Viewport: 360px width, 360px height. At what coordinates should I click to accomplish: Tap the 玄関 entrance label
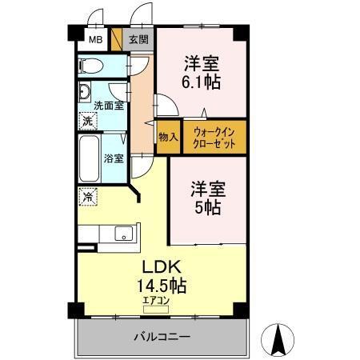(138, 39)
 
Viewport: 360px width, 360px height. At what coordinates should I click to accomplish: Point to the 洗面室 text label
(108, 105)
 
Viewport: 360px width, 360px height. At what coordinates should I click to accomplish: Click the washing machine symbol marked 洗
(86, 121)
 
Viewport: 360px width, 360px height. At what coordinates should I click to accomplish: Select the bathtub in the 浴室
(89, 158)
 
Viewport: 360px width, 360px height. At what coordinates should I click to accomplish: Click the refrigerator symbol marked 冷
(86, 194)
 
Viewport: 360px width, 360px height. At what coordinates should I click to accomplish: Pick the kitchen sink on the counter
(123, 234)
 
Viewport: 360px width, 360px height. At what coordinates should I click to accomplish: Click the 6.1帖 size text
(202, 82)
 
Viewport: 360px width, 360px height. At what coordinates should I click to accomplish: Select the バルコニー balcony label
(161, 338)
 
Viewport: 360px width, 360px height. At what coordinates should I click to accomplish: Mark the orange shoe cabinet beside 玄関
(117, 39)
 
